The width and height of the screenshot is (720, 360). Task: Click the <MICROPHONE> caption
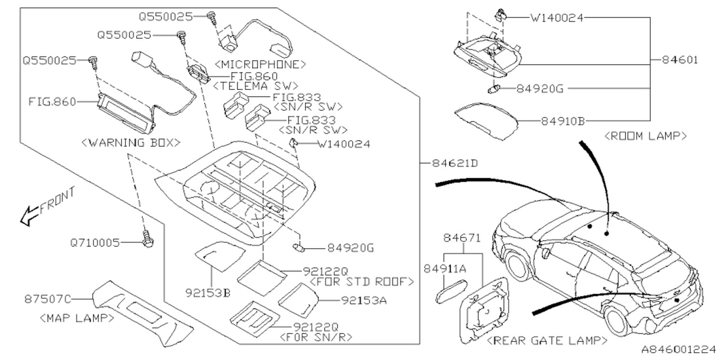[259, 64]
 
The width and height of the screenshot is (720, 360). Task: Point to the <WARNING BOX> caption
[130, 142]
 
